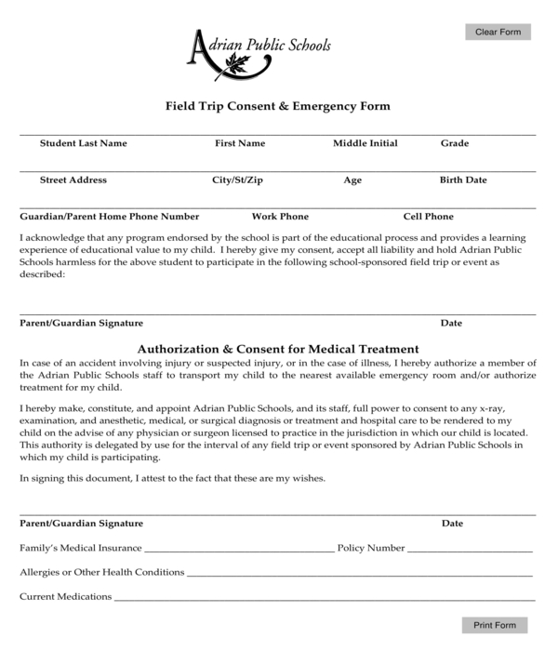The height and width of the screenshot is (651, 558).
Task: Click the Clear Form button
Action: pyautogui.click(x=498, y=32)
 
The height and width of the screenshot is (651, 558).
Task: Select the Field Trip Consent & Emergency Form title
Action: pyautogui.click(x=277, y=106)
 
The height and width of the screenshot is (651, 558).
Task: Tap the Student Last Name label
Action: pyautogui.click(x=83, y=143)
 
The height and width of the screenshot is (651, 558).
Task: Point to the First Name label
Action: pyautogui.click(x=240, y=143)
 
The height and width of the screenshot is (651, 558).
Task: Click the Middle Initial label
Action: pyautogui.click(x=365, y=143)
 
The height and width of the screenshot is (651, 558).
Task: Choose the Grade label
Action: pyautogui.click(x=454, y=143)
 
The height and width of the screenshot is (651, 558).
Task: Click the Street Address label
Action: pyautogui.click(x=73, y=179)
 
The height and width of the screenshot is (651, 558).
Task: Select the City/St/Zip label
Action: pyautogui.click(x=237, y=179)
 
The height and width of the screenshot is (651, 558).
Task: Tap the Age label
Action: pyautogui.click(x=352, y=180)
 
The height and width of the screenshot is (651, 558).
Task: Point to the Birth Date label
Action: pyautogui.click(x=463, y=179)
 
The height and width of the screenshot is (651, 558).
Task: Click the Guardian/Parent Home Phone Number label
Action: pyautogui.click(x=110, y=217)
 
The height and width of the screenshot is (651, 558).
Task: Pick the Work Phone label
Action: pyautogui.click(x=280, y=217)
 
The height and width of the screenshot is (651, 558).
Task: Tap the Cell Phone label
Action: pyautogui.click(x=428, y=217)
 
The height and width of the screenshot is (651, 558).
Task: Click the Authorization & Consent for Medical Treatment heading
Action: pyautogui.click(x=278, y=348)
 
